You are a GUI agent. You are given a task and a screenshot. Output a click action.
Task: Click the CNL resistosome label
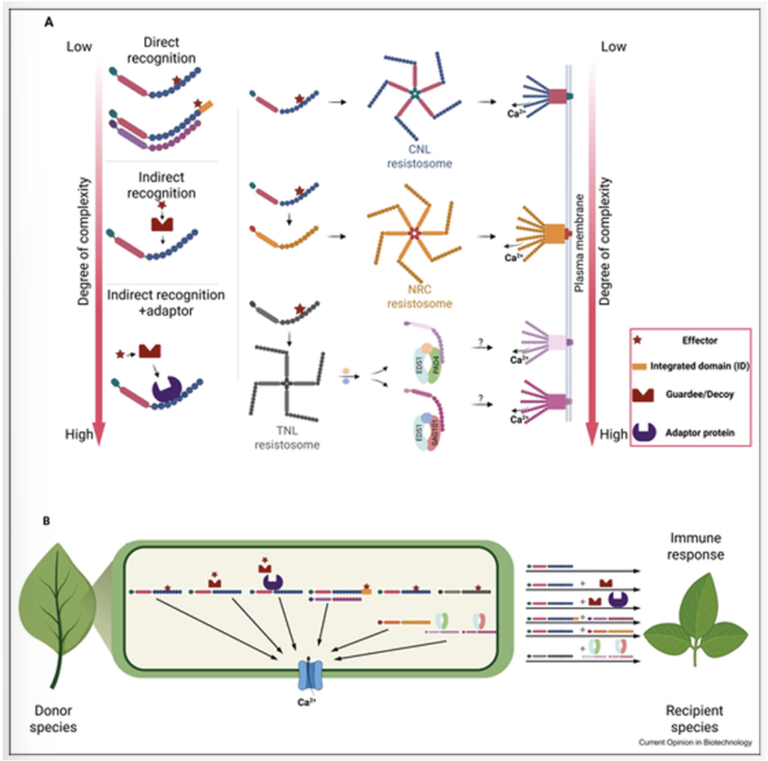[419, 156]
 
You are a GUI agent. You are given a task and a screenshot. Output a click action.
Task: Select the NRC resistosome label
[419, 297]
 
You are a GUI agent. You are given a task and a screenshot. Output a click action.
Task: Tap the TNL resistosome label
[287, 438]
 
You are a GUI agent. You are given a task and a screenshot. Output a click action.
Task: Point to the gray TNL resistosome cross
[287, 383]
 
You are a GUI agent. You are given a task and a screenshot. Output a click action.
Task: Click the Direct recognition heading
[161, 50]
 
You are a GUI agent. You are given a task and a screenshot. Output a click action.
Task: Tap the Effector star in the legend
[638, 340]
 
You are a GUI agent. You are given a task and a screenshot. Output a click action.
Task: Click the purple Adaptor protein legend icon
[644, 432]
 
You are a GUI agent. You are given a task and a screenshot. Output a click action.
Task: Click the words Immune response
[696, 546]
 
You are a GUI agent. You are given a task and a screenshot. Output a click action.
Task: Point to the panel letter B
[47, 522]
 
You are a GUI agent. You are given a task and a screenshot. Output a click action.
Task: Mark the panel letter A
[48, 23]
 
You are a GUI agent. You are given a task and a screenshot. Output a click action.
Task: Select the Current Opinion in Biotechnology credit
[695, 742]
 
